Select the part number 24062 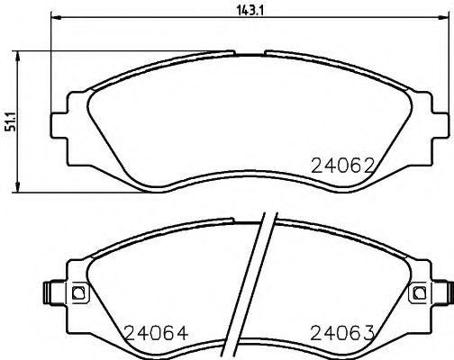[x=342, y=166]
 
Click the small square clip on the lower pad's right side [x=416, y=292]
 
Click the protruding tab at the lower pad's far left [x=50, y=292]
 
